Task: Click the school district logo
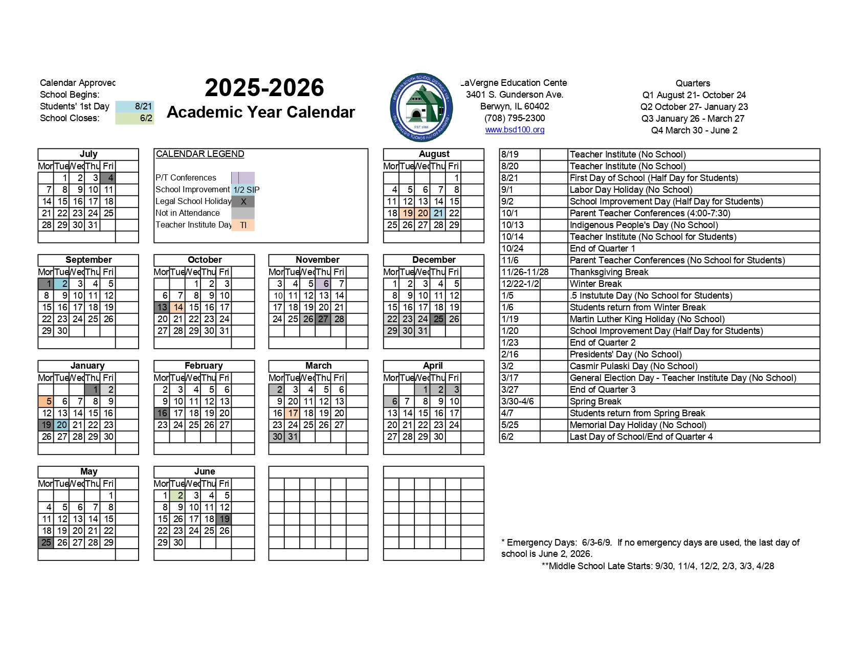pyautogui.click(x=421, y=107)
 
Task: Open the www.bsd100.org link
pyautogui.click(x=515, y=130)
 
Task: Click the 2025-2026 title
pyautogui.click(x=264, y=88)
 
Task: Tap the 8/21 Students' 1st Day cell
pyautogui.click(x=135, y=106)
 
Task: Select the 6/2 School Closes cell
pyautogui.click(x=135, y=118)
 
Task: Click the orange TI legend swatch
pyautogui.click(x=243, y=225)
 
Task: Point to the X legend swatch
pyautogui.click(x=243, y=201)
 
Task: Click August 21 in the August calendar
pyautogui.click(x=438, y=213)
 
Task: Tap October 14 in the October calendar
pyautogui.click(x=177, y=307)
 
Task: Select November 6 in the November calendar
pyautogui.click(x=323, y=284)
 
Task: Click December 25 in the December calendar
pyautogui.click(x=438, y=319)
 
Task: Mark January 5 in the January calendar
pyautogui.click(x=47, y=401)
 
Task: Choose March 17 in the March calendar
pyautogui.click(x=293, y=413)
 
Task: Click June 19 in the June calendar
pyautogui.click(x=224, y=519)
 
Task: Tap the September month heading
pyautogui.click(x=88, y=260)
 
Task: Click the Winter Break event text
pyautogui.click(x=596, y=284)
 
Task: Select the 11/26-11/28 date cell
pyautogui.click(x=520, y=272)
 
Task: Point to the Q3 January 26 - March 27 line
pyautogui.click(x=693, y=119)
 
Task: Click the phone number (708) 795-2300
pyautogui.click(x=515, y=118)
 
